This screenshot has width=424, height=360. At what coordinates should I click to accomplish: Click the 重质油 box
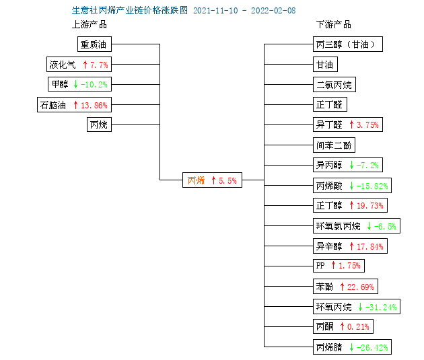(x=94, y=44)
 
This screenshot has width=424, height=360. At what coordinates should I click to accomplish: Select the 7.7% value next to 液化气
(x=99, y=65)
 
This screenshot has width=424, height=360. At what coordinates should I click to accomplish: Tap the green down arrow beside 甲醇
(x=75, y=84)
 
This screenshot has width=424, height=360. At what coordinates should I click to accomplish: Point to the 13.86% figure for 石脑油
(x=94, y=105)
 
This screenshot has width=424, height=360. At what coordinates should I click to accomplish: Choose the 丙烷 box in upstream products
(x=99, y=124)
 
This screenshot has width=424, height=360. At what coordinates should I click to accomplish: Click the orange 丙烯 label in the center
(x=196, y=180)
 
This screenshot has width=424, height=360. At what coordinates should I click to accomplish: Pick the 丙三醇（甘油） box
(x=348, y=44)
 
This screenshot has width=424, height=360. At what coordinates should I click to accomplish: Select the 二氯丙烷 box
(x=334, y=85)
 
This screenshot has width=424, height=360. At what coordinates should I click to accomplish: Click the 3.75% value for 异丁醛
(x=367, y=125)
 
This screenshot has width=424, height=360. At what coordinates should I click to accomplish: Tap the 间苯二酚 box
(x=334, y=145)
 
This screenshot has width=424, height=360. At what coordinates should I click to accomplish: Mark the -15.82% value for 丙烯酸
(x=372, y=186)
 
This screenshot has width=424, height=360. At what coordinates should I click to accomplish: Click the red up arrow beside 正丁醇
(x=351, y=205)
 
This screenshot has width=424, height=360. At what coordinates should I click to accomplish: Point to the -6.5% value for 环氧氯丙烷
(x=385, y=226)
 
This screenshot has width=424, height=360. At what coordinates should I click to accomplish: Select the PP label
(x=320, y=265)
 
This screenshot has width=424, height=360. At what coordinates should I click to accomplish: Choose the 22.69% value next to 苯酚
(x=361, y=287)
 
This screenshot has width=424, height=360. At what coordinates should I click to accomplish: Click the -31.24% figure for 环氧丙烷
(x=381, y=307)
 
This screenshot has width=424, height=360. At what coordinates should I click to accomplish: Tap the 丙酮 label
(x=325, y=326)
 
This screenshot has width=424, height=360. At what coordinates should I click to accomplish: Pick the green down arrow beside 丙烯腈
(x=351, y=347)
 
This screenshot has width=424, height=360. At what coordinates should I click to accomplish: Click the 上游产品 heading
(x=90, y=24)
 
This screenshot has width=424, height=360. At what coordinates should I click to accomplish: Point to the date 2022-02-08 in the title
(x=273, y=11)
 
